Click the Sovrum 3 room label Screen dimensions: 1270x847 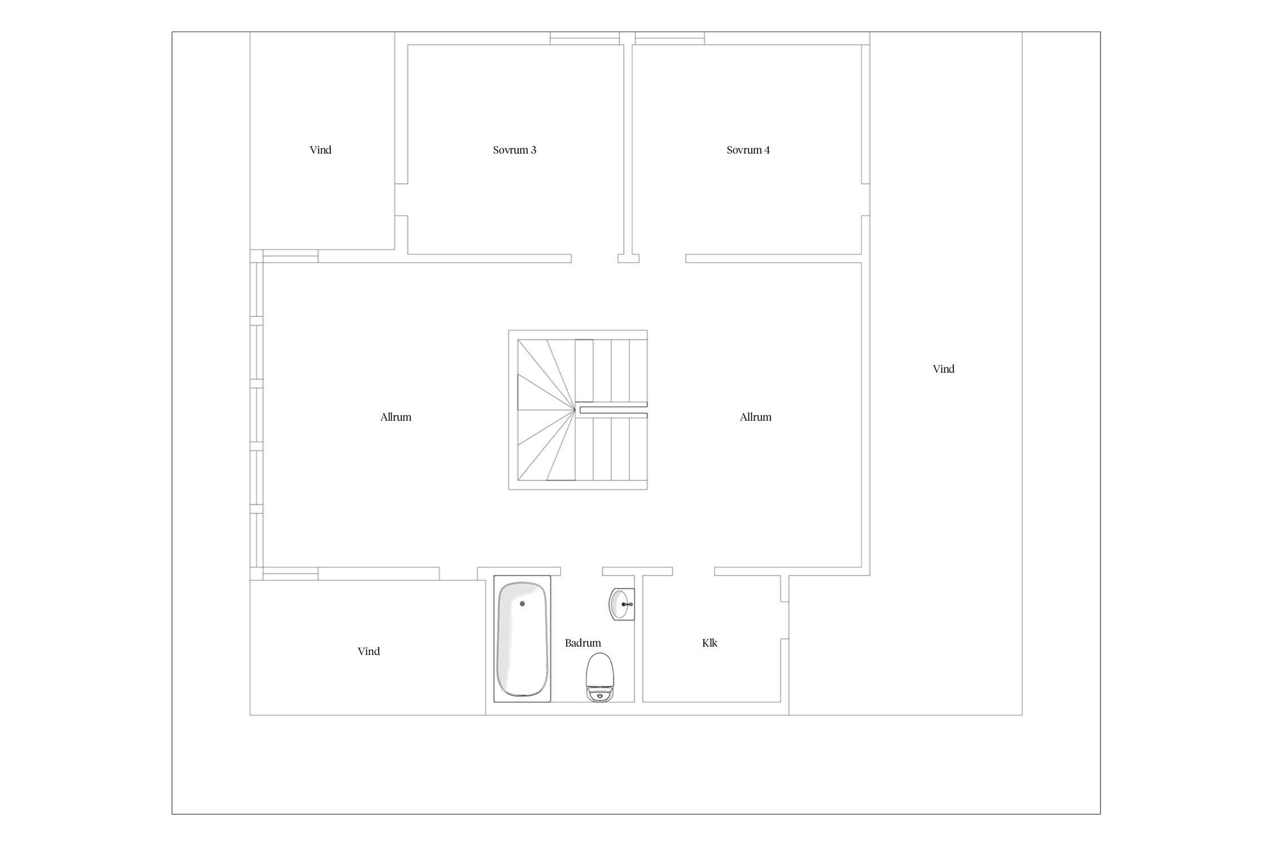[x=514, y=150]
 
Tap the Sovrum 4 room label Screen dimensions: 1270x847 [x=748, y=150]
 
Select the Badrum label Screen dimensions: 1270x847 [x=583, y=643]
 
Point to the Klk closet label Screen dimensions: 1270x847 [x=710, y=643]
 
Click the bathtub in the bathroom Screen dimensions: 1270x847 [x=522, y=639]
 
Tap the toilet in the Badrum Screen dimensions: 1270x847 [x=599, y=677]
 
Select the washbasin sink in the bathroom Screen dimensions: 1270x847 [x=621, y=604]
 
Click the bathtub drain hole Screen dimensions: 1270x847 [x=522, y=604]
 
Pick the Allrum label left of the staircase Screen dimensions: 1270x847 [x=396, y=417]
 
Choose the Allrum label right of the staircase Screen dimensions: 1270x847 [x=755, y=417]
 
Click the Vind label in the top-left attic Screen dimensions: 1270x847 [x=320, y=150]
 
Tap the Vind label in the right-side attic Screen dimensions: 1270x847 [x=943, y=369]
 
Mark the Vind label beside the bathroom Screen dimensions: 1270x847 [x=369, y=652]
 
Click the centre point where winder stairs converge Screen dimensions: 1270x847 [x=575, y=410]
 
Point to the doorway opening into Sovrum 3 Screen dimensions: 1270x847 [x=594, y=259]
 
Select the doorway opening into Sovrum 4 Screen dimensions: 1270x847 [x=662, y=259]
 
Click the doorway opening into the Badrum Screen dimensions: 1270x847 [x=581, y=571]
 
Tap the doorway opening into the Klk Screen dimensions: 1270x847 [x=694, y=571]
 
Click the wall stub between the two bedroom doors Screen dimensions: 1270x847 [x=628, y=259]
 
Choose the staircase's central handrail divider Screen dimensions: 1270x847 [x=614, y=410]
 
